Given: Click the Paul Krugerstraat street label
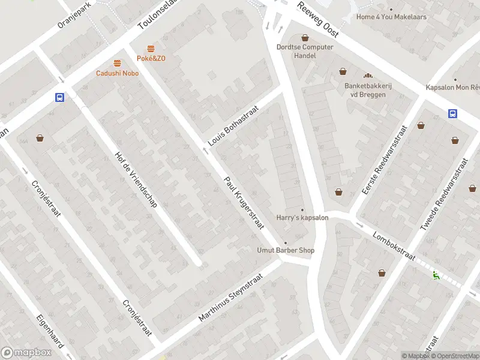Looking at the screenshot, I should (244, 203).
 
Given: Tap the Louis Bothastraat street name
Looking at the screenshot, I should (233, 126).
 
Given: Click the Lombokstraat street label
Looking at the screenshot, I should (394, 246).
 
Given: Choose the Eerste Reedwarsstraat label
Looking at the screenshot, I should (384, 160).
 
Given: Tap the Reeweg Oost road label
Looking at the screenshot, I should (318, 19).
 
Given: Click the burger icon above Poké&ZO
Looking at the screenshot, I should (151, 49).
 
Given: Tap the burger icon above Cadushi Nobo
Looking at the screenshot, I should (117, 63).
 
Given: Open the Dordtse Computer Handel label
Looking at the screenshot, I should (305, 51).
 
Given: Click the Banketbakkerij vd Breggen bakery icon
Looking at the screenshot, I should (368, 76).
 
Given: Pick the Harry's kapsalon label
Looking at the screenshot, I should (302, 217).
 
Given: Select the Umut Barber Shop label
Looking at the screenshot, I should (286, 250).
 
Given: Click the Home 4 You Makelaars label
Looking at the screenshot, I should (391, 17).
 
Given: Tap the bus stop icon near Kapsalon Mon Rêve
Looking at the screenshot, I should (451, 114).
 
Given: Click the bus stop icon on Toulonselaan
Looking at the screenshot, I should (59, 97).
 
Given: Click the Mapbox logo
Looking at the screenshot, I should (26, 353).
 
